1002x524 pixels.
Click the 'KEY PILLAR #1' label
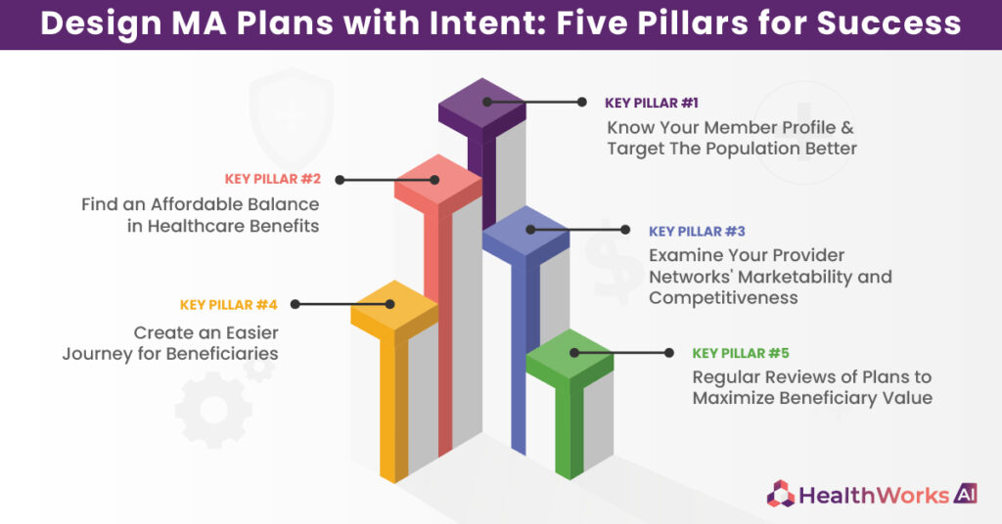[651, 103]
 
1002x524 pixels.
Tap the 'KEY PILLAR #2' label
[272, 179]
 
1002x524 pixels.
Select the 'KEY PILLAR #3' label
[697, 231]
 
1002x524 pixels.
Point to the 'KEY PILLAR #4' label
[229, 304]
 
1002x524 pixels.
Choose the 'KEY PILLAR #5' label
[741, 353]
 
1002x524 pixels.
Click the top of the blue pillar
[525, 230]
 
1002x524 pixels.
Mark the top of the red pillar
[438, 179]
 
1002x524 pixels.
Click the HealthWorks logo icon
[781, 494]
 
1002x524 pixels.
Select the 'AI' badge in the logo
[965, 493]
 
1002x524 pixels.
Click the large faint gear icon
[212, 409]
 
